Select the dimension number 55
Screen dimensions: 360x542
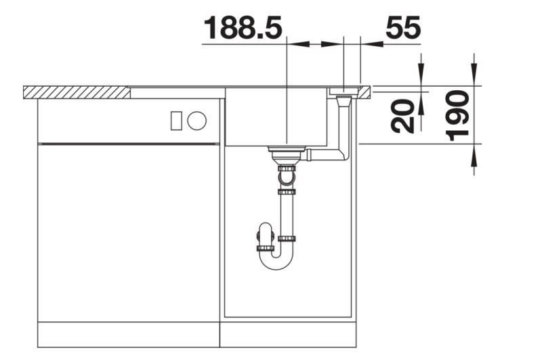[403, 28]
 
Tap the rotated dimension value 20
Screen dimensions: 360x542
[404, 115]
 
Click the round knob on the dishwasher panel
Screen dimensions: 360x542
[197, 121]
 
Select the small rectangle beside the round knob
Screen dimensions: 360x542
[176, 121]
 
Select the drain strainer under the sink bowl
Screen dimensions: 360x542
[287, 151]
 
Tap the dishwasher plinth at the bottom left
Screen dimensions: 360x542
[129, 333]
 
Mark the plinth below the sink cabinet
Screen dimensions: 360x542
[289, 333]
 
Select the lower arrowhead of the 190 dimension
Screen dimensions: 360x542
[474, 156]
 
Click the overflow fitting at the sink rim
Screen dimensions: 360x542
[344, 92]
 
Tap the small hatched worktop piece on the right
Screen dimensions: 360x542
[365, 90]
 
